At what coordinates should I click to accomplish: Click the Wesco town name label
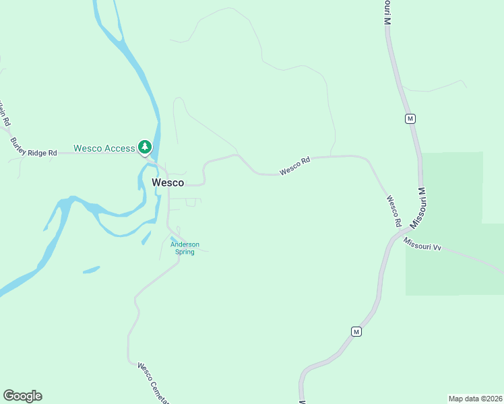[x=168, y=182]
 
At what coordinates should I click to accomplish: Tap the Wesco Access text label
[x=104, y=148]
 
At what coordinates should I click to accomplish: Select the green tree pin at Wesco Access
[x=144, y=147]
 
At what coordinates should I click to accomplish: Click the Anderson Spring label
[x=185, y=248]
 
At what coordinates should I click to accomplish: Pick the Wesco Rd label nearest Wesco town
[x=295, y=166]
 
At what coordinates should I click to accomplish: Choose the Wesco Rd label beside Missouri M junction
[x=394, y=211]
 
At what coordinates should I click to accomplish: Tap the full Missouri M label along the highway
[x=420, y=207]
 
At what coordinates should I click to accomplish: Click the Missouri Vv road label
[x=422, y=244]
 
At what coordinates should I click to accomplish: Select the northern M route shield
[x=410, y=119]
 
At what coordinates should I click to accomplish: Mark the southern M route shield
[x=356, y=331]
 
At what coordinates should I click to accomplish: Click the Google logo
[x=22, y=396]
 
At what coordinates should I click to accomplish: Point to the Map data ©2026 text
[x=475, y=398]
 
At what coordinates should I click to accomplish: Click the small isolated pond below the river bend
[x=91, y=270]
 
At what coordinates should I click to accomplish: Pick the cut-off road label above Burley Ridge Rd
[x=5, y=114]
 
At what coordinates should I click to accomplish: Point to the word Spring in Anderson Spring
[x=185, y=252]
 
